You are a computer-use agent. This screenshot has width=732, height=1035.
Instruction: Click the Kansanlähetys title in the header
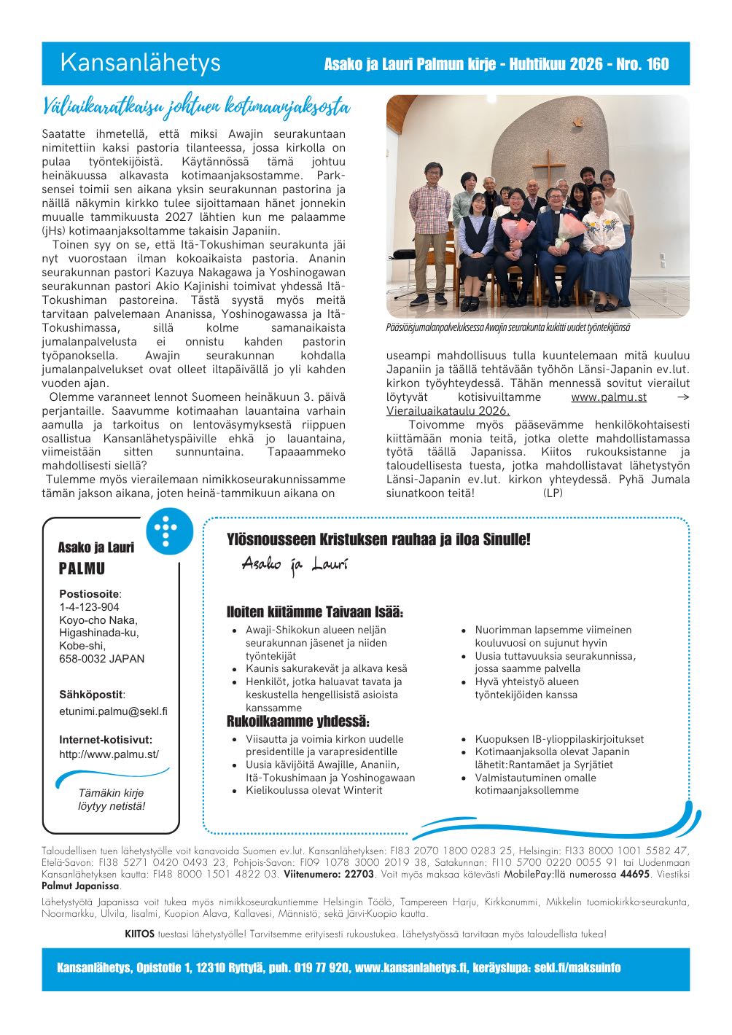tap(140, 63)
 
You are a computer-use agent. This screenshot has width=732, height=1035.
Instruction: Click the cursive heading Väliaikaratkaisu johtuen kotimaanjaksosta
tap(195, 108)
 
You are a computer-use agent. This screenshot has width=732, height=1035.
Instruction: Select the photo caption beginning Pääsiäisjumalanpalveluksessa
tap(508, 328)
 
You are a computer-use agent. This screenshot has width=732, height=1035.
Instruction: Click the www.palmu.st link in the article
tap(609, 397)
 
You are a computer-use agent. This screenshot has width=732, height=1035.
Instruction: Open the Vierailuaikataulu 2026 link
tap(448, 411)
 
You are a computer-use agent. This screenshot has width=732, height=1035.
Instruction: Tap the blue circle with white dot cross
tap(169, 530)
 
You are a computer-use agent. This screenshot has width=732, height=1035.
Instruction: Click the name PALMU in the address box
tap(82, 569)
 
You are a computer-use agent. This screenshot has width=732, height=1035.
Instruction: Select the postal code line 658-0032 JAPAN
tap(102, 659)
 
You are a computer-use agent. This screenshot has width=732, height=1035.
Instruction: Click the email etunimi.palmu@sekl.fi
tap(113, 711)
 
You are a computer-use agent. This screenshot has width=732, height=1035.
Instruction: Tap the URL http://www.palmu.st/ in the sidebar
tap(109, 754)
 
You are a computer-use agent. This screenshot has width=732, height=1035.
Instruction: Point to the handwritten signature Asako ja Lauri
tap(295, 565)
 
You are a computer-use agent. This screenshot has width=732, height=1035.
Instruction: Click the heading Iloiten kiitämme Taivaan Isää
tap(315, 612)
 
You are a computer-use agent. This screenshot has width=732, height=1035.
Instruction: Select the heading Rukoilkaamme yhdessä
tap(298, 722)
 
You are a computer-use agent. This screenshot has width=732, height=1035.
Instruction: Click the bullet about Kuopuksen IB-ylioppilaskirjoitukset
tap(559, 739)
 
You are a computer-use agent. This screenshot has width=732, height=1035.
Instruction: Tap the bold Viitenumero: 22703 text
tap(329, 874)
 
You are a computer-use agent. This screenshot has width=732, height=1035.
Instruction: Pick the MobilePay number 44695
tap(634, 874)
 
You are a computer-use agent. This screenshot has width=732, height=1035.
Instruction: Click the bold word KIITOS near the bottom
tap(139, 934)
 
